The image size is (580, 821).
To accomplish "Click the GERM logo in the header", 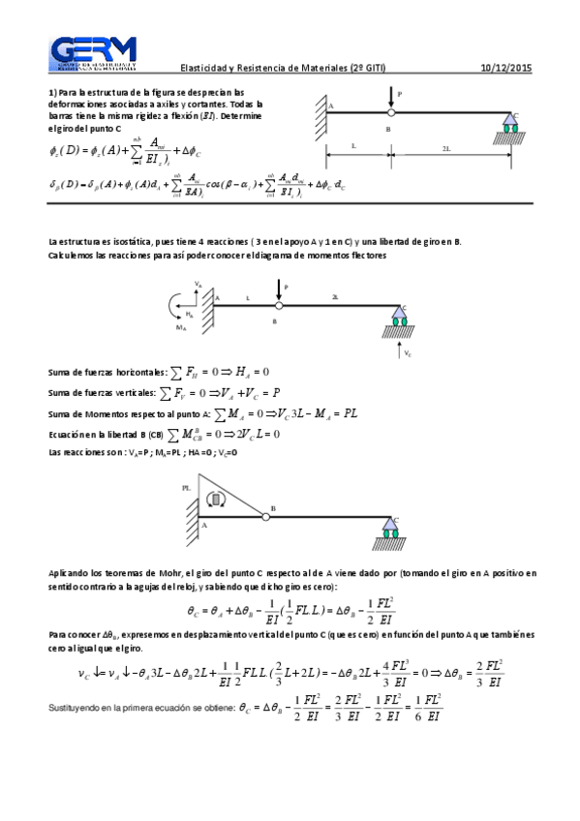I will click(x=93, y=55).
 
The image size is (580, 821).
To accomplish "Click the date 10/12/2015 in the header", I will click(x=505, y=68).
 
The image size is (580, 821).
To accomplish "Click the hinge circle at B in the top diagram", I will click(x=390, y=112).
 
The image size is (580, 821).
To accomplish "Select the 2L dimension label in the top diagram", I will click(x=444, y=148).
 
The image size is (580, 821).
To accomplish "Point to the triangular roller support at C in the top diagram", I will click(x=508, y=120).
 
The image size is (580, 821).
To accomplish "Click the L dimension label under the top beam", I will click(x=353, y=148).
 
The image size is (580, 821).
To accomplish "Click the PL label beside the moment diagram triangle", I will click(x=186, y=489).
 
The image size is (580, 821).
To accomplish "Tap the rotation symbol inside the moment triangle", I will click(x=217, y=500).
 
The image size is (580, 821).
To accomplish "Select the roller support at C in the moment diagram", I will click(x=390, y=526).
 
